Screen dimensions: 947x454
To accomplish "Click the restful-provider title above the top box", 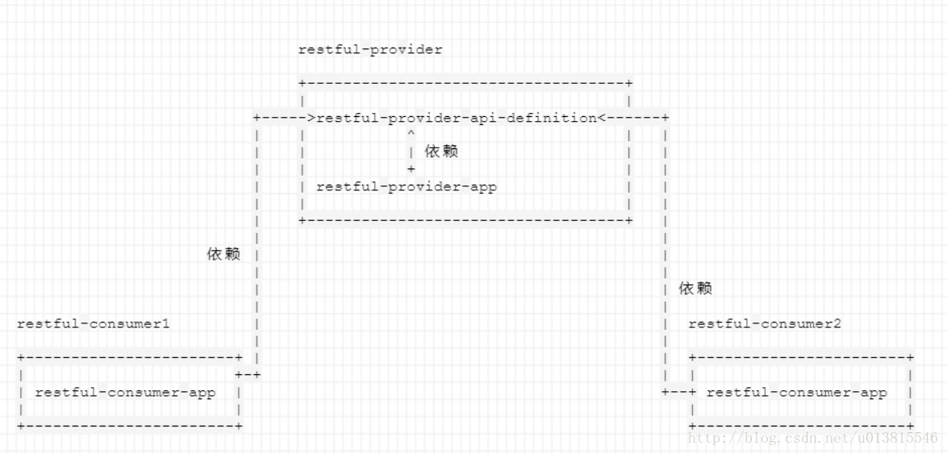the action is pyautogui.click(x=370, y=50).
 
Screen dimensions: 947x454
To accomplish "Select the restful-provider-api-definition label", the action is pyautogui.click(x=457, y=118).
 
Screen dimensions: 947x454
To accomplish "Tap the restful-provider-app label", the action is pyautogui.click(x=407, y=186).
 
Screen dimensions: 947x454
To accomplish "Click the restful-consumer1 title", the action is pyautogui.click(x=93, y=323).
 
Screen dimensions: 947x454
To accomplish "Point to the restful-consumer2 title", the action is pyautogui.click(x=765, y=323).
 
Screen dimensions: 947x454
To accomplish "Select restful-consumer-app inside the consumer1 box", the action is pyautogui.click(x=125, y=393).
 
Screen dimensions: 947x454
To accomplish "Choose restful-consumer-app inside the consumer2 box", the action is pyautogui.click(x=796, y=393).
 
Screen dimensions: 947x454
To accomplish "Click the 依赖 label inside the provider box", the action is pyautogui.click(x=441, y=152).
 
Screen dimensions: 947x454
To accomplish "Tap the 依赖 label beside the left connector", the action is pyautogui.click(x=223, y=254).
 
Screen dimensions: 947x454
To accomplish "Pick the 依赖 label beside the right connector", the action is pyautogui.click(x=695, y=288).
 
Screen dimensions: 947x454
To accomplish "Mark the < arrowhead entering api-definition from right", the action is pyautogui.click(x=602, y=118).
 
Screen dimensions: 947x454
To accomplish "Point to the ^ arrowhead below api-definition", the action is pyautogui.click(x=411, y=134).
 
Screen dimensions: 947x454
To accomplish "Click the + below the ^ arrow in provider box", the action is pyautogui.click(x=411, y=169).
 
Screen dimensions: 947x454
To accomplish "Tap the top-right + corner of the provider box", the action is pyautogui.click(x=629, y=83).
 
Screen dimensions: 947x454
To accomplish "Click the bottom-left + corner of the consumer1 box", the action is pyautogui.click(x=21, y=425).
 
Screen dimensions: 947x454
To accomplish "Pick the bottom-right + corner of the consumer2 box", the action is pyautogui.click(x=911, y=425).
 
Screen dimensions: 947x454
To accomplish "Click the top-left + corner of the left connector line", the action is pyautogui.click(x=257, y=118).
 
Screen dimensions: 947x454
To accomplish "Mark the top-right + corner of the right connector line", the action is pyautogui.click(x=665, y=118).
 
